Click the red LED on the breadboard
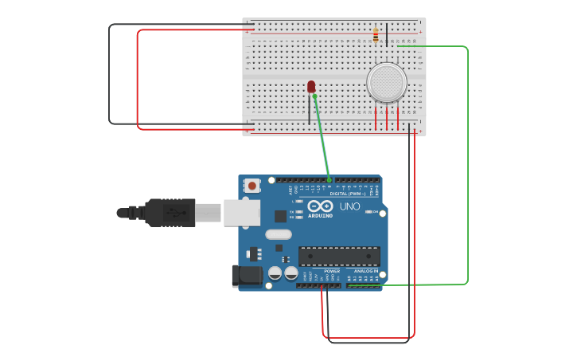click(311, 86)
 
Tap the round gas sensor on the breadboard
click(387, 82)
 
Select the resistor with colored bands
click(376, 35)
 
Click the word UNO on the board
click(350, 206)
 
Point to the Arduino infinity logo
click(320, 206)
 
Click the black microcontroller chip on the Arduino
click(339, 257)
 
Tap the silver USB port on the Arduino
click(241, 212)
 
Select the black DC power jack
click(247, 276)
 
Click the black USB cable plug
click(170, 213)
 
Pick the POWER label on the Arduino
click(332, 271)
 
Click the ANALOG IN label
click(366, 271)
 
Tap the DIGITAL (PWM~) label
click(348, 194)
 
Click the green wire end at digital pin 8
click(329, 180)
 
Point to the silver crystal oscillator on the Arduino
click(279, 234)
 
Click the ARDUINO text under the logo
click(321, 215)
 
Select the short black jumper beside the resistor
click(387, 34)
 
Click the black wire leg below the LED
click(310, 112)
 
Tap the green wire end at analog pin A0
click(349, 284)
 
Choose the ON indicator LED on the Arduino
click(369, 211)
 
